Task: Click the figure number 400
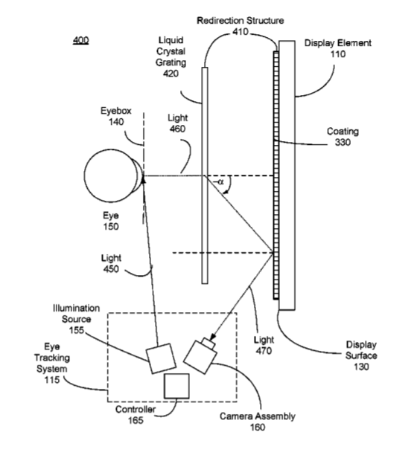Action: [80, 39]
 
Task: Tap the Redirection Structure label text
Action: [241, 21]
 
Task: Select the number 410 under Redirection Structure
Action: [241, 32]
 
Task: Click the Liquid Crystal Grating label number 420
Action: [171, 74]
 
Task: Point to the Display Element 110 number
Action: [338, 54]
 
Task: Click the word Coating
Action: [343, 132]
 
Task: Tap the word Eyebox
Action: [116, 111]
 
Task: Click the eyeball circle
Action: [111, 175]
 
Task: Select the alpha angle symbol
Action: [220, 182]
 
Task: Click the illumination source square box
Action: [161, 358]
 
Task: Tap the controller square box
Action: [176, 386]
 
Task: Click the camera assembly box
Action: [200, 355]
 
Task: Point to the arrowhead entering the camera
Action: [213, 337]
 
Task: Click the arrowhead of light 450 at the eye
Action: [143, 181]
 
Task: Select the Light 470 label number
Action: [264, 351]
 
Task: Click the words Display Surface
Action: [361, 350]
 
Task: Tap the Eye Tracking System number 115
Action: [52, 380]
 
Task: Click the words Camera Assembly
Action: [258, 416]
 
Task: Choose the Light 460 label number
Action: [177, 129]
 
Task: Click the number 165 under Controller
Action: [136, 420]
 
